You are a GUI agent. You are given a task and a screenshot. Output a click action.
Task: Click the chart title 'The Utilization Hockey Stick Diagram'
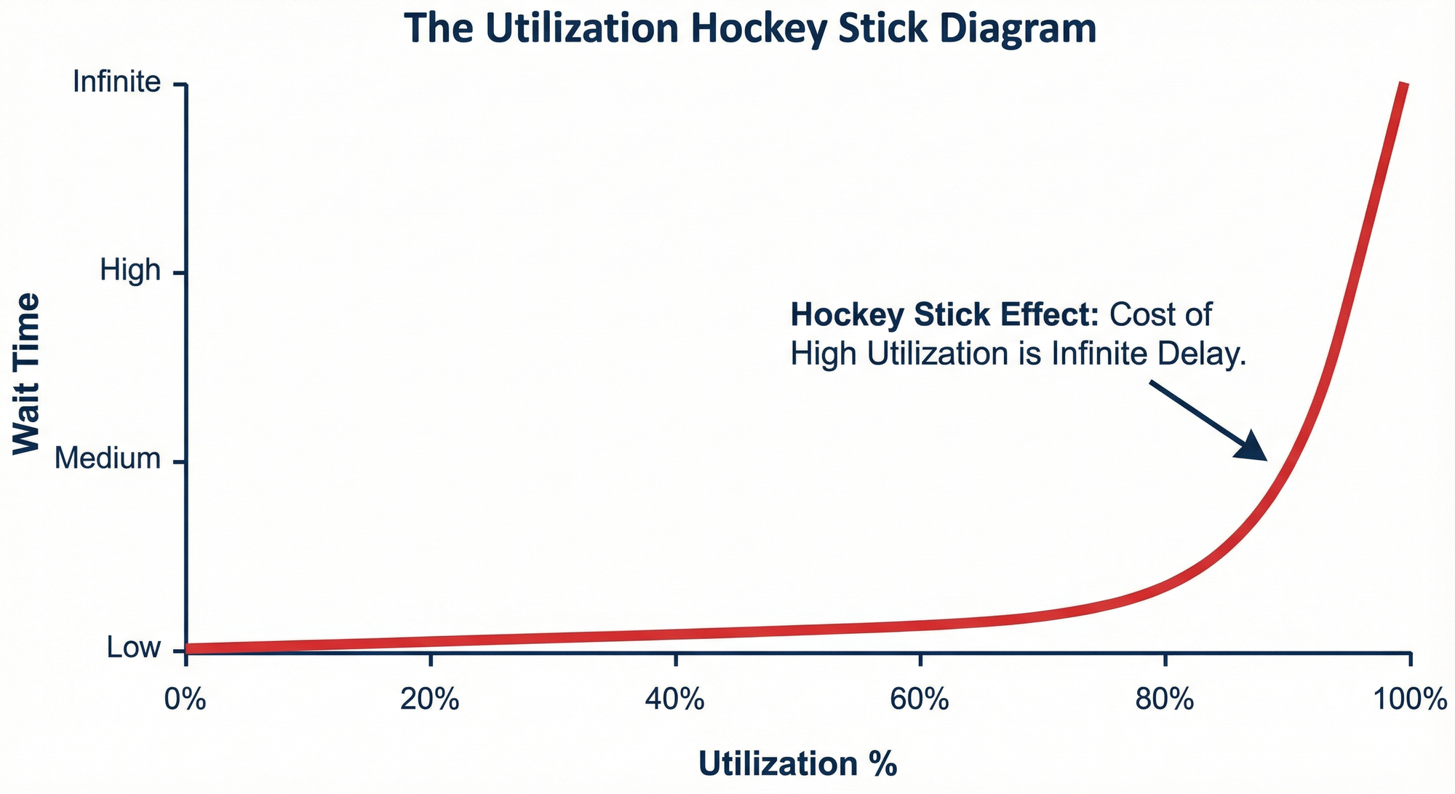tap(750, 28)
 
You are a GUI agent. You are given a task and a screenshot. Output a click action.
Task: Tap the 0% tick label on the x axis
tap(186, 700)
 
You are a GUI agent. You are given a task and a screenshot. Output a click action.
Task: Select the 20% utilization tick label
tap(431, 700)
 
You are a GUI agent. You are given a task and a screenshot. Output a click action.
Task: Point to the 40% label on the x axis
tap(676, 700)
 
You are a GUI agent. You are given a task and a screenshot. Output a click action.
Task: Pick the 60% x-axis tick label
tap(920, 700)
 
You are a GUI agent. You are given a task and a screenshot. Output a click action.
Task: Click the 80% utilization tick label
tap(1165, 700)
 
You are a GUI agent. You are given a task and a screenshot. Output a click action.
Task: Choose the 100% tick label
tap(1410, 700)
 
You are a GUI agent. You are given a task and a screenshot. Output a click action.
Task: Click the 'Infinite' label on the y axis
tap(117, 82)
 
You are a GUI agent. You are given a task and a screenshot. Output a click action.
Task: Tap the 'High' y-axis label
tap(130, 271)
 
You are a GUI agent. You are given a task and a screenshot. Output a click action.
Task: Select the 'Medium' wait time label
tap(108, 459)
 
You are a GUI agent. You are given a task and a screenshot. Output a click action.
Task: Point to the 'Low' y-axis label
tap(134, 647)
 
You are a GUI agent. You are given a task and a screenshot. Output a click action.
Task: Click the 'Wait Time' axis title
tap(27, 373)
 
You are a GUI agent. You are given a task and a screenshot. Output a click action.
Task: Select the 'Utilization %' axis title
tap(797, 764)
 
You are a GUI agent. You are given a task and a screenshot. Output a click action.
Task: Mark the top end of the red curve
tap(1404, 86)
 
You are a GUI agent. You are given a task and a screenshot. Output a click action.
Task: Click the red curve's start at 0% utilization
tap(188, 648)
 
